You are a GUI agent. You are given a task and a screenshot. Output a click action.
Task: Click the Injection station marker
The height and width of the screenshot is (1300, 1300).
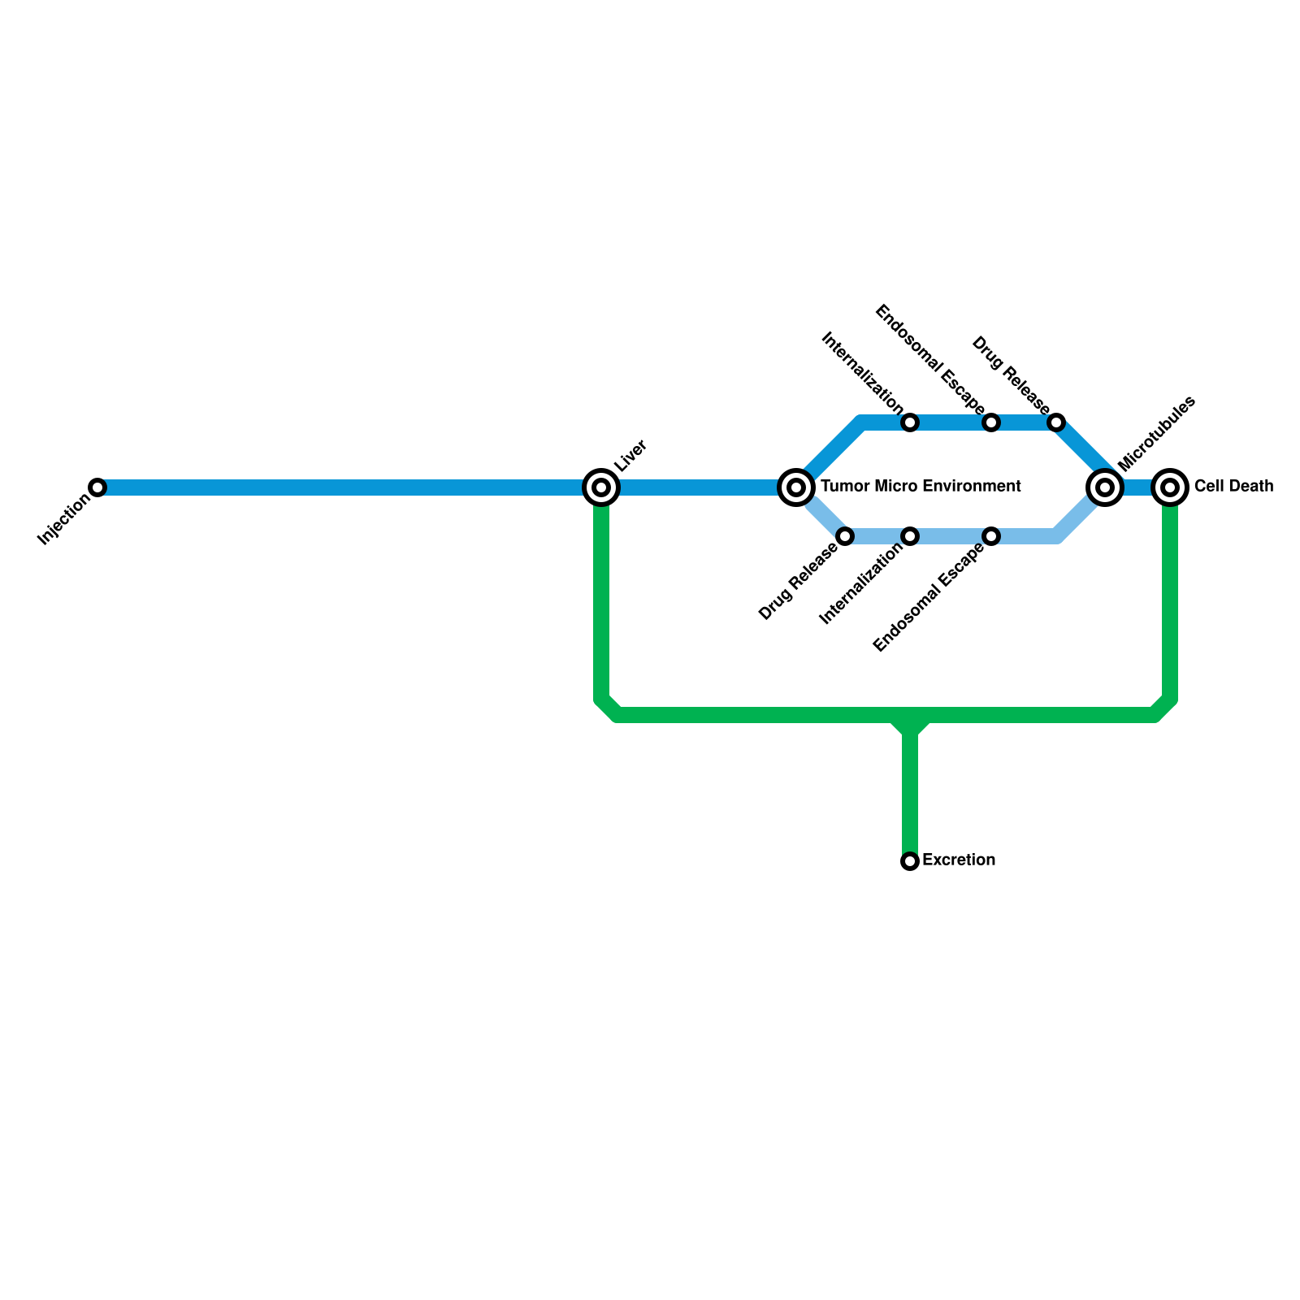[x=97, y=487]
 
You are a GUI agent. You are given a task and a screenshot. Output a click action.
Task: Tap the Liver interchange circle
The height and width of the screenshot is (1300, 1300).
[x=601, y=487]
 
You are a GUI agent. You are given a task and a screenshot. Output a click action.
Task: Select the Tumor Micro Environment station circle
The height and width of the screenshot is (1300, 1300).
[x=796, y=487]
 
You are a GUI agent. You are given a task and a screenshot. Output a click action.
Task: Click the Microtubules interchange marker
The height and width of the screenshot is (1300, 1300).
[x=1105, y=487]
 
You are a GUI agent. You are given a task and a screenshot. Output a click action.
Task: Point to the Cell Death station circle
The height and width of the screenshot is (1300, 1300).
[x=1170, y=487]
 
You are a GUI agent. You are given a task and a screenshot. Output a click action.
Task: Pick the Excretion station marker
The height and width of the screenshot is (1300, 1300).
[x=910, y=861]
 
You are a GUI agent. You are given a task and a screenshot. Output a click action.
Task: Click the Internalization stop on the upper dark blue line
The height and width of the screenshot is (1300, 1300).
[x=910, y=422]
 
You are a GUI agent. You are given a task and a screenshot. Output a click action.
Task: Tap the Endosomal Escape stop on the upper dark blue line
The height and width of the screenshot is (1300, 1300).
[x=991, y=422]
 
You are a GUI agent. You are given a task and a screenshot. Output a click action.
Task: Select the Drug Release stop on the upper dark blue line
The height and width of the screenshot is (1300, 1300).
[x=1056, y=422]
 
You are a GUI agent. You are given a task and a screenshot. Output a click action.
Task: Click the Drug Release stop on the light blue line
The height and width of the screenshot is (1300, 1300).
[x=846, y=536]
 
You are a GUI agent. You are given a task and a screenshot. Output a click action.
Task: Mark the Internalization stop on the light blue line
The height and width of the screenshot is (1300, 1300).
[x=910, y=536]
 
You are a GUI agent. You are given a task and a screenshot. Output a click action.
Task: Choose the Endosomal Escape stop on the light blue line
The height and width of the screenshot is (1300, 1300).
[x=991, y=536]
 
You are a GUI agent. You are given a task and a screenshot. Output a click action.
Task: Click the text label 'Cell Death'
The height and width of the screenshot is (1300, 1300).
[x=1233, y=487]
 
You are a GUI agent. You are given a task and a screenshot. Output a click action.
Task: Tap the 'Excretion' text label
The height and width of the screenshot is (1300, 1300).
[x=959, y=860]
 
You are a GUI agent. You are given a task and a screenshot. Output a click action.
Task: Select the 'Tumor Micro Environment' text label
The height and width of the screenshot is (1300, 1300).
[x=921, y=487]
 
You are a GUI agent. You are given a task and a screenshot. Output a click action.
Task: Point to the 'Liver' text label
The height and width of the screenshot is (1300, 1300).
[x=630, y=456]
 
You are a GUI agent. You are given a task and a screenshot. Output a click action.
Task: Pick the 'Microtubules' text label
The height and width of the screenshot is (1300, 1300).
[x=1156, y=433]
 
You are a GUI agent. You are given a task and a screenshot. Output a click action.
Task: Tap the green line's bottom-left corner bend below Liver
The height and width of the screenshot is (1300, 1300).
[x=608, y=708]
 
